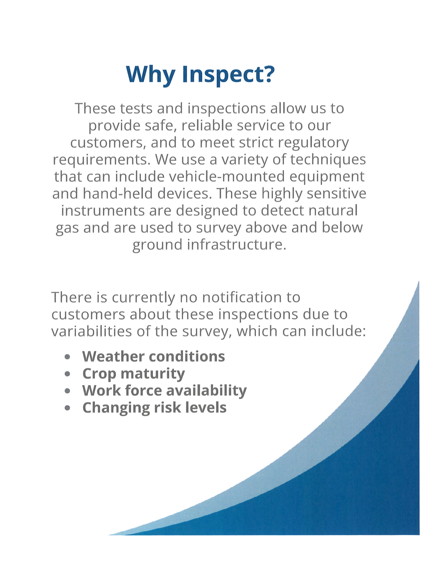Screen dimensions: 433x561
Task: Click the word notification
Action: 239,297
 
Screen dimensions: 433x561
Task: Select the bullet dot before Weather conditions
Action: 67,357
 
